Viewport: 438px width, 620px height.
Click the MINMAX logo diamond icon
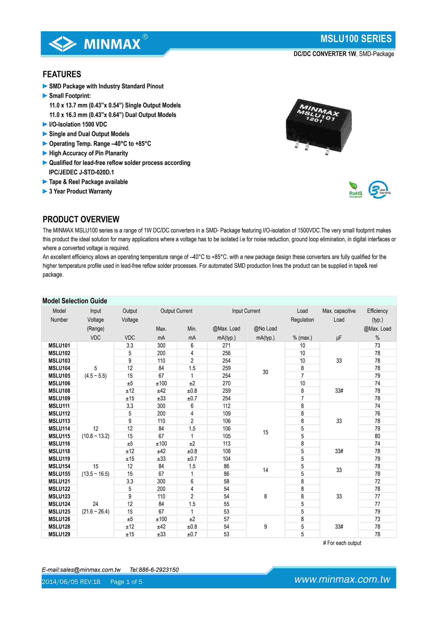tap(62, 44)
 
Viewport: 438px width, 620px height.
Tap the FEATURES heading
tap(62, 74)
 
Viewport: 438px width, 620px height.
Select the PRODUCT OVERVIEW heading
tap(81, 219)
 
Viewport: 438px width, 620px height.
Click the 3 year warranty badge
tap(379, 190)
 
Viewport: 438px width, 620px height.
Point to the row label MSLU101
tap(59, 345)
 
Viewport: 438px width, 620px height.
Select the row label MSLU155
tap(59, 474)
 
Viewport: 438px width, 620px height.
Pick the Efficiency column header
tap(377, 311)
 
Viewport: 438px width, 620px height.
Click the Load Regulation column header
tap(302, 315)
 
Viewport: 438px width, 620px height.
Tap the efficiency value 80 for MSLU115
tap(377, 436)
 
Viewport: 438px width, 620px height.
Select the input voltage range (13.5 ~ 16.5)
tap(96, 474)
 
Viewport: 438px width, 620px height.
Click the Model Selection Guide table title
tap(75, 301)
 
